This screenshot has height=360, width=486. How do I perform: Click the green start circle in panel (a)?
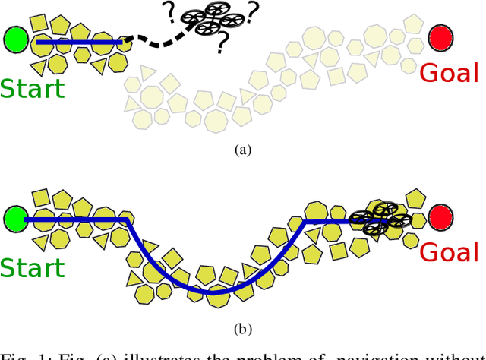click(15, 39)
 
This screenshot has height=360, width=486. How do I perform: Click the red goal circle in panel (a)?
click(440, 36)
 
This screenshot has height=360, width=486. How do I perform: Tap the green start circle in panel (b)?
click(15, 219)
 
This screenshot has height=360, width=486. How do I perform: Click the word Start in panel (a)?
click(32, 88)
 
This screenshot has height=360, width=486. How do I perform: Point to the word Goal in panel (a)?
click(450, 73)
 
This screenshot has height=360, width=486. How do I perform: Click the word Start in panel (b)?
click(32, 268)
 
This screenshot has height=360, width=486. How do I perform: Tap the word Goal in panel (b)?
click(450, 252)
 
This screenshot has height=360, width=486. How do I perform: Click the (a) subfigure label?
click(242, 150)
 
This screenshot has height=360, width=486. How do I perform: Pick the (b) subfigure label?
click(242, 330)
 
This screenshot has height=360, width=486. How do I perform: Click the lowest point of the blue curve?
click(213, 292)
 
